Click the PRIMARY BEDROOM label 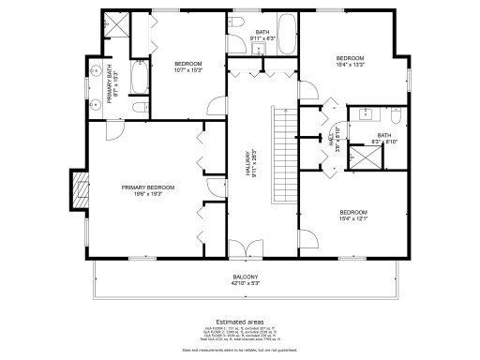(x=147, y=187)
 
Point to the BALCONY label (x=246, y=277)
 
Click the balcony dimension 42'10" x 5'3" (x=246, y=284)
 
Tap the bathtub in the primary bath (x=139, y=79)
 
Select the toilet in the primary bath (x=138, y=108)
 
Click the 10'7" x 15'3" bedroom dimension (x=187, y=70)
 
